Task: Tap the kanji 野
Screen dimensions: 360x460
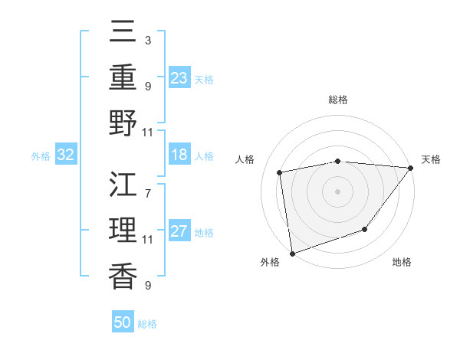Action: (x=123, y=123)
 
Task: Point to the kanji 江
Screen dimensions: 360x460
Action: (x=123, y=185)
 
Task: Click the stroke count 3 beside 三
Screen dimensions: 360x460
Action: (x=147, y=40)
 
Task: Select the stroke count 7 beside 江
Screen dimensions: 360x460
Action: (x=147, y=186)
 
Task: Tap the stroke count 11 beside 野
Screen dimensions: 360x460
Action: (x=147, y=133)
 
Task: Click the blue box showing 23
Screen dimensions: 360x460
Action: (x=179, y=77)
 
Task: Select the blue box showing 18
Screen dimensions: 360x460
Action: (x=179, y=155)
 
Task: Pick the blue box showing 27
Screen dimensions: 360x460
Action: (x=179, y=232)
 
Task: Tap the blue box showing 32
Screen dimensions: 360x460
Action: (x=66, y=155)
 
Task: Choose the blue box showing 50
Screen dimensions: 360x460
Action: (x=123, y=322)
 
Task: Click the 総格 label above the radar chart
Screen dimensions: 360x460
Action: (x=337, y=100)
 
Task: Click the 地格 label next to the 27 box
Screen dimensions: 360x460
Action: (x=205, y=233)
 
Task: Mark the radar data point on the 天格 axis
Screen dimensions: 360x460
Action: (x=411, y=168)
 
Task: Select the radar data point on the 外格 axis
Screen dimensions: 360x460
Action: (x=292, y=253)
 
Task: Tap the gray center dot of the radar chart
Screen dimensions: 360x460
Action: (x=337, y=191)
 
